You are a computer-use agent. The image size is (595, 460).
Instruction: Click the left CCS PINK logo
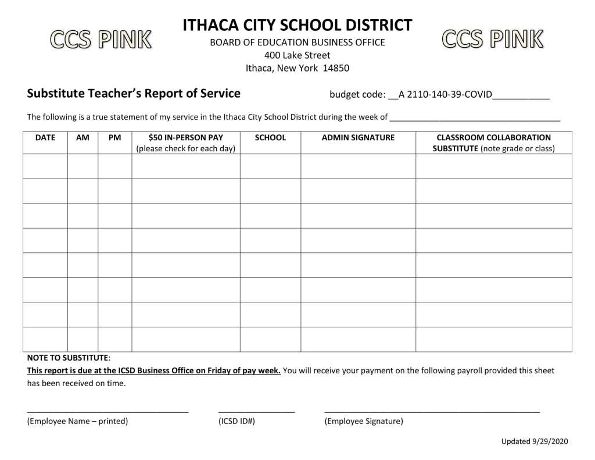(x=101, y=40)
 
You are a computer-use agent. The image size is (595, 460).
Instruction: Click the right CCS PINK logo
(x=493, y=38)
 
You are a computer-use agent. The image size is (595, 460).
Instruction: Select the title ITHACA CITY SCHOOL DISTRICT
(x=297, y=26)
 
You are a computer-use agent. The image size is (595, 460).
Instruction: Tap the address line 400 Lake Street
(x=297, y=55)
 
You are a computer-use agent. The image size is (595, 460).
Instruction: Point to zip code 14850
(x=336, y=68)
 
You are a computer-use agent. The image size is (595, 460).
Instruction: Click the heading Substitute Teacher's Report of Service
(x=134, y=94)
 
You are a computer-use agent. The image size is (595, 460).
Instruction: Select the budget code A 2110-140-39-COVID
(x=445, y=95)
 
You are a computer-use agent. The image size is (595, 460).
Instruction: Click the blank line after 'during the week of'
(x=475, y=119)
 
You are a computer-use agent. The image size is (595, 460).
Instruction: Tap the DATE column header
(x=45, y=138)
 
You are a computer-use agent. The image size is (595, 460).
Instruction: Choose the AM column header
(x=83, y=138)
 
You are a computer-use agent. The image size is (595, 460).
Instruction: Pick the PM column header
(x=114, y=138)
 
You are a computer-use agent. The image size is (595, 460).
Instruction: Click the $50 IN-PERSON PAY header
(x=185, y=138)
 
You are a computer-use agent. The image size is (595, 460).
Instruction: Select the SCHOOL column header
(x=270, y=138)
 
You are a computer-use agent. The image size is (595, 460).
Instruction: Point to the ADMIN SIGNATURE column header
(x=358, y=138)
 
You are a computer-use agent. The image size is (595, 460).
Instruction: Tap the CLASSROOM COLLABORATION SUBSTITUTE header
(x=493, y=143)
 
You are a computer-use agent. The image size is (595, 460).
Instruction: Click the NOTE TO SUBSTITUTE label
(x=67, y=358)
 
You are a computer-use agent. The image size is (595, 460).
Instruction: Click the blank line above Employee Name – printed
(x=107, y=411)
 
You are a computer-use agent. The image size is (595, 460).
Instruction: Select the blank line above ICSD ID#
(x=256, y=411)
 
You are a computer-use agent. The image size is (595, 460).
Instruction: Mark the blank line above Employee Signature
(x=432, y=411)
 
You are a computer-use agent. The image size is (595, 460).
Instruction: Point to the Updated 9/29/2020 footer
(x=533, y=441)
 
